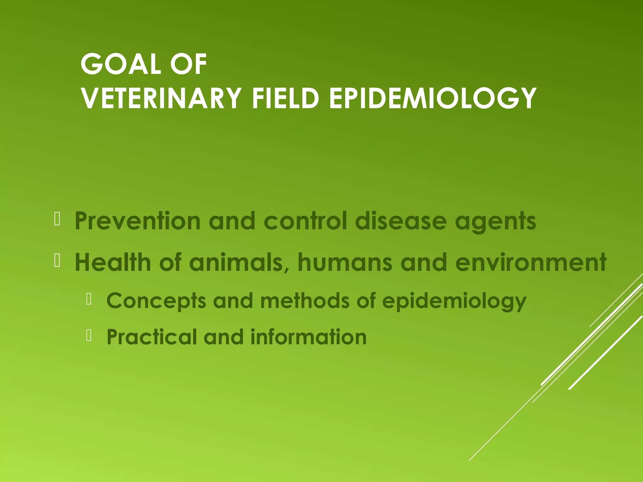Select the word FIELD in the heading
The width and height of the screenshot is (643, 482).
[x=285, y=98]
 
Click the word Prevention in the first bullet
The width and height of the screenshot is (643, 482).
[x=138, y=221]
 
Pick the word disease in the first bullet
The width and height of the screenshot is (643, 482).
[x=401, y=221]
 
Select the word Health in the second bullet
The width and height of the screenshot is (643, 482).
[x=113, y=262]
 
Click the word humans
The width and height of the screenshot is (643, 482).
[x=345, y=262]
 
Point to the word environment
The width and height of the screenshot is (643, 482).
[x=531, y=262]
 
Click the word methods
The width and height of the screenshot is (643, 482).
[x=305, y=301]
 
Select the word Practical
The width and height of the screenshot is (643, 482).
[x=151, y=337]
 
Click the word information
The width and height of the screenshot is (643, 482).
[x=308, y=337]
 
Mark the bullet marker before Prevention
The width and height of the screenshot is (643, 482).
[x=57, y=219]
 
